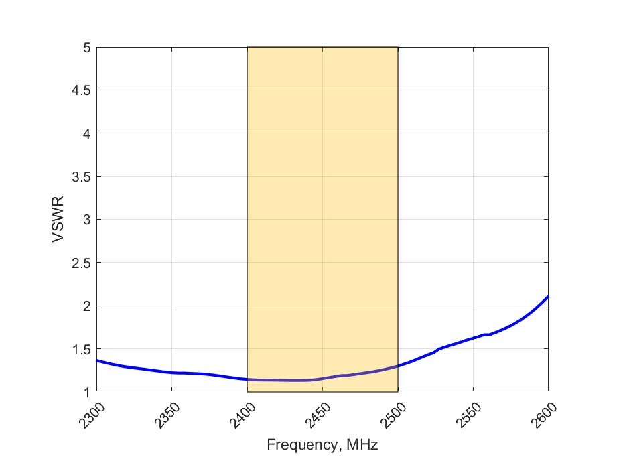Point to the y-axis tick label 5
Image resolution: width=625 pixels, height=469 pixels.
click(x=86, y=48)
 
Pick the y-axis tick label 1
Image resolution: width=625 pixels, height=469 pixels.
click(x=86, y=392)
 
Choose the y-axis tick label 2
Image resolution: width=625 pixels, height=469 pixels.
click(x=86, y=306)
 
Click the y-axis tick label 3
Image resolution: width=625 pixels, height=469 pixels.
click(x=86, y=220)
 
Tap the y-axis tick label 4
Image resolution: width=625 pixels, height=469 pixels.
click(x=86, y=133)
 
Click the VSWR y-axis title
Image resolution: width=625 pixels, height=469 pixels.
click(x=58, y=220)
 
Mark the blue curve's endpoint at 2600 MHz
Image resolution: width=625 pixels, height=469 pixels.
click(x=548, y=296)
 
